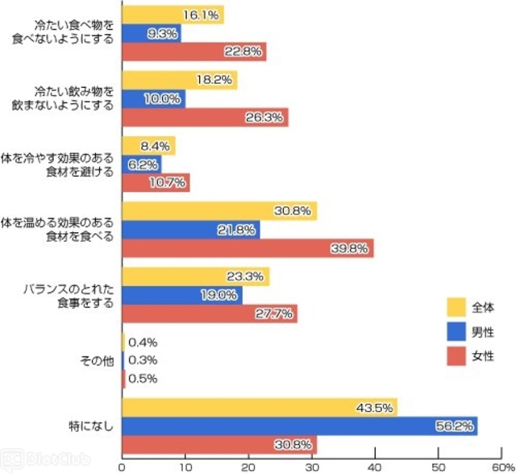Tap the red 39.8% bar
click(247, 248)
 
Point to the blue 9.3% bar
click(151, 34)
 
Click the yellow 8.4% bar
click(148, 146)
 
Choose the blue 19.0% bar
click(181, 295)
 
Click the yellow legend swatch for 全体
click(457, 307)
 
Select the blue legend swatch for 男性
click(457, 331)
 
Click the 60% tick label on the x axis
click(498, 466)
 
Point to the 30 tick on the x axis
click(311, 466)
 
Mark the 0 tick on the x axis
click(122, 466)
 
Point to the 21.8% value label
click(239, 230)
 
